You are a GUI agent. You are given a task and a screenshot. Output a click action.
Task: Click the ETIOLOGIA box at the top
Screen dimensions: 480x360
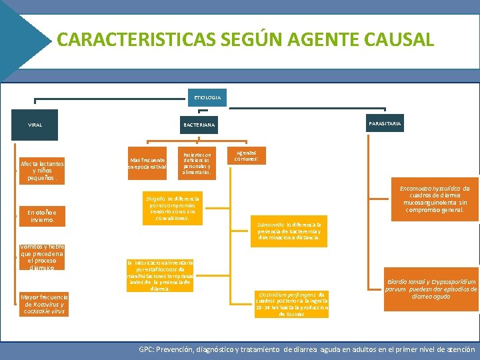pyautogui.click(x=207, y=97)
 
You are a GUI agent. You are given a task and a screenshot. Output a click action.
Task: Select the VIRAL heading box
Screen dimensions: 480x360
pyautogui.click(x=35, y=125)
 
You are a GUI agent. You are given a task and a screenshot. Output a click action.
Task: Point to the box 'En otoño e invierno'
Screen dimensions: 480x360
pyautogui.click(x=42, y=216)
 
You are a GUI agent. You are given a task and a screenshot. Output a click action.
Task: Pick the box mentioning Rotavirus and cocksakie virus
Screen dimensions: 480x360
pyautogui.click(x=43, y=304)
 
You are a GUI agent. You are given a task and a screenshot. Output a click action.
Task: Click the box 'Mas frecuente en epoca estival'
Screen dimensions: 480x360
pyautogui.click(x=148, y=163)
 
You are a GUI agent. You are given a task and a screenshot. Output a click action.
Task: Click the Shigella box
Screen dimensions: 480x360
pyautogui.click(x=171, y=208)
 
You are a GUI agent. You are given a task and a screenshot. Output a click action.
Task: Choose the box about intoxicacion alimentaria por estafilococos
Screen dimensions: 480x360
pyautogui.click(x=159, y=276)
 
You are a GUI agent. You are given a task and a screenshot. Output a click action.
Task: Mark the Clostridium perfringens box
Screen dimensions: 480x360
pyautogui.click(x=291, y=304)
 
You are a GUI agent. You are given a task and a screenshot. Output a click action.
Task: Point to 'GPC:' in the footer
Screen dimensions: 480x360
pyautogui.click(x=147, y=349)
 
